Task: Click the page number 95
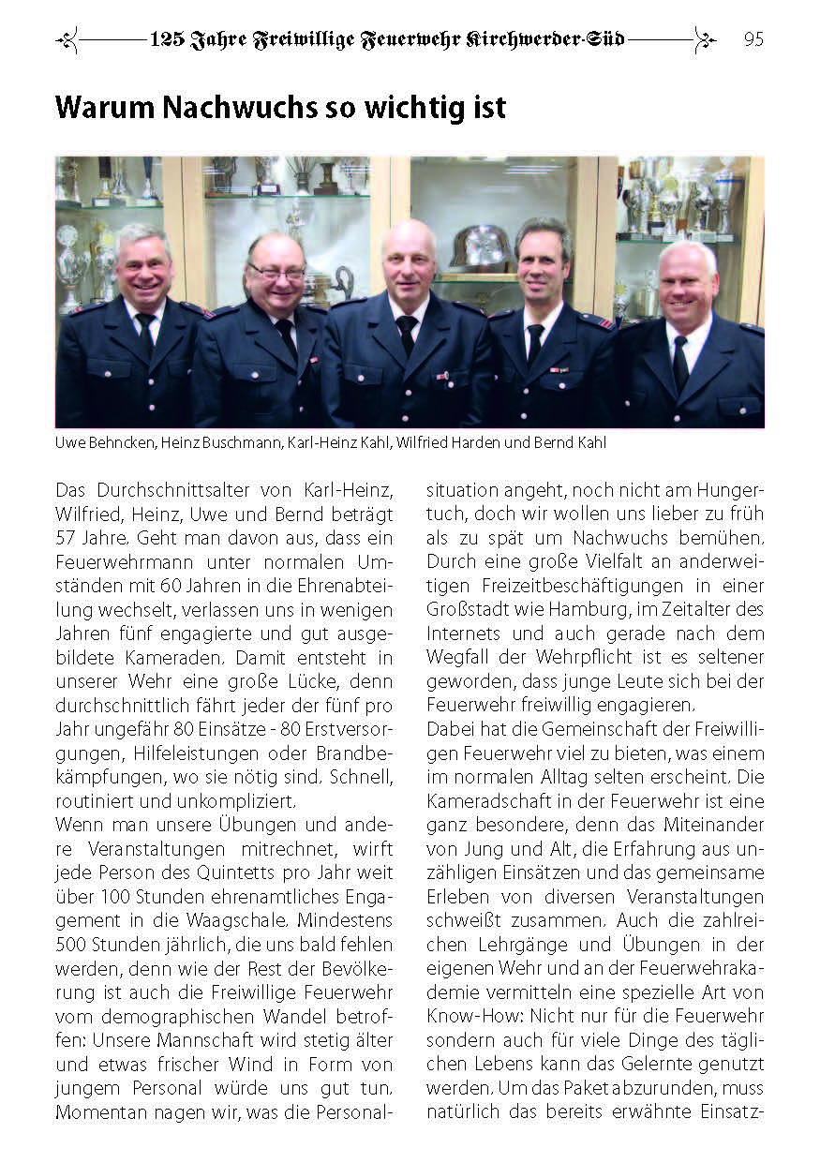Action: click(753, 39)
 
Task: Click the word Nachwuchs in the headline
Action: click(239, 108)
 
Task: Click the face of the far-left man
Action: click(143, 265)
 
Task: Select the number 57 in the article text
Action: click(67, 538)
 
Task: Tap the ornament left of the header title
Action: click(67, 39)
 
